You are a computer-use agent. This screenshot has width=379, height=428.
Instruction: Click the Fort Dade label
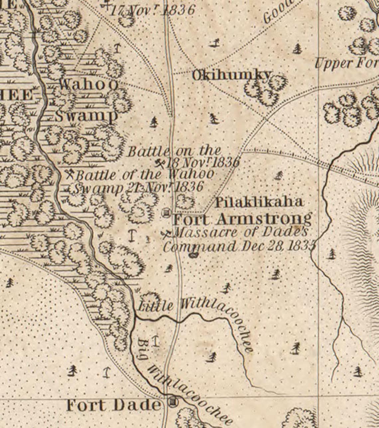pos(113,405)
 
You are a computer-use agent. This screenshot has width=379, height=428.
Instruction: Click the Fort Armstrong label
pos(243,219)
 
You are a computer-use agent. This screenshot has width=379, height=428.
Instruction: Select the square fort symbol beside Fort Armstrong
pos(166,213)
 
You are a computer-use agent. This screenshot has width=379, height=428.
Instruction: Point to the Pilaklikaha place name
pos(259,202)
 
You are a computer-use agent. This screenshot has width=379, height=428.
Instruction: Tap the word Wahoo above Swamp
pos(88,84)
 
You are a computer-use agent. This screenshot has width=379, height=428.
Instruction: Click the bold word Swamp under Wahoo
pos(86,116)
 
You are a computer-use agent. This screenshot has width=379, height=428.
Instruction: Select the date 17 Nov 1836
pos(152,10)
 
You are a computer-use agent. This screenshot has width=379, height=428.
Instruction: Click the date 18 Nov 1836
pos(203,163)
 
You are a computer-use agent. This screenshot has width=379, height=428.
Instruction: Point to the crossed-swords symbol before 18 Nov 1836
pos(160,163)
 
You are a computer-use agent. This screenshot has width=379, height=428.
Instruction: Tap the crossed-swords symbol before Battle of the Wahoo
pos(70,174)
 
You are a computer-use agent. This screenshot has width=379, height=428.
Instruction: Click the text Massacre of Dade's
pos(241,232)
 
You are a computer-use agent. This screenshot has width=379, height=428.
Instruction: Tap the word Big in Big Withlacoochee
pos(143,349)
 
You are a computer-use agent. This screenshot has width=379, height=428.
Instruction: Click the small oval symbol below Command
pos(193,255)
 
